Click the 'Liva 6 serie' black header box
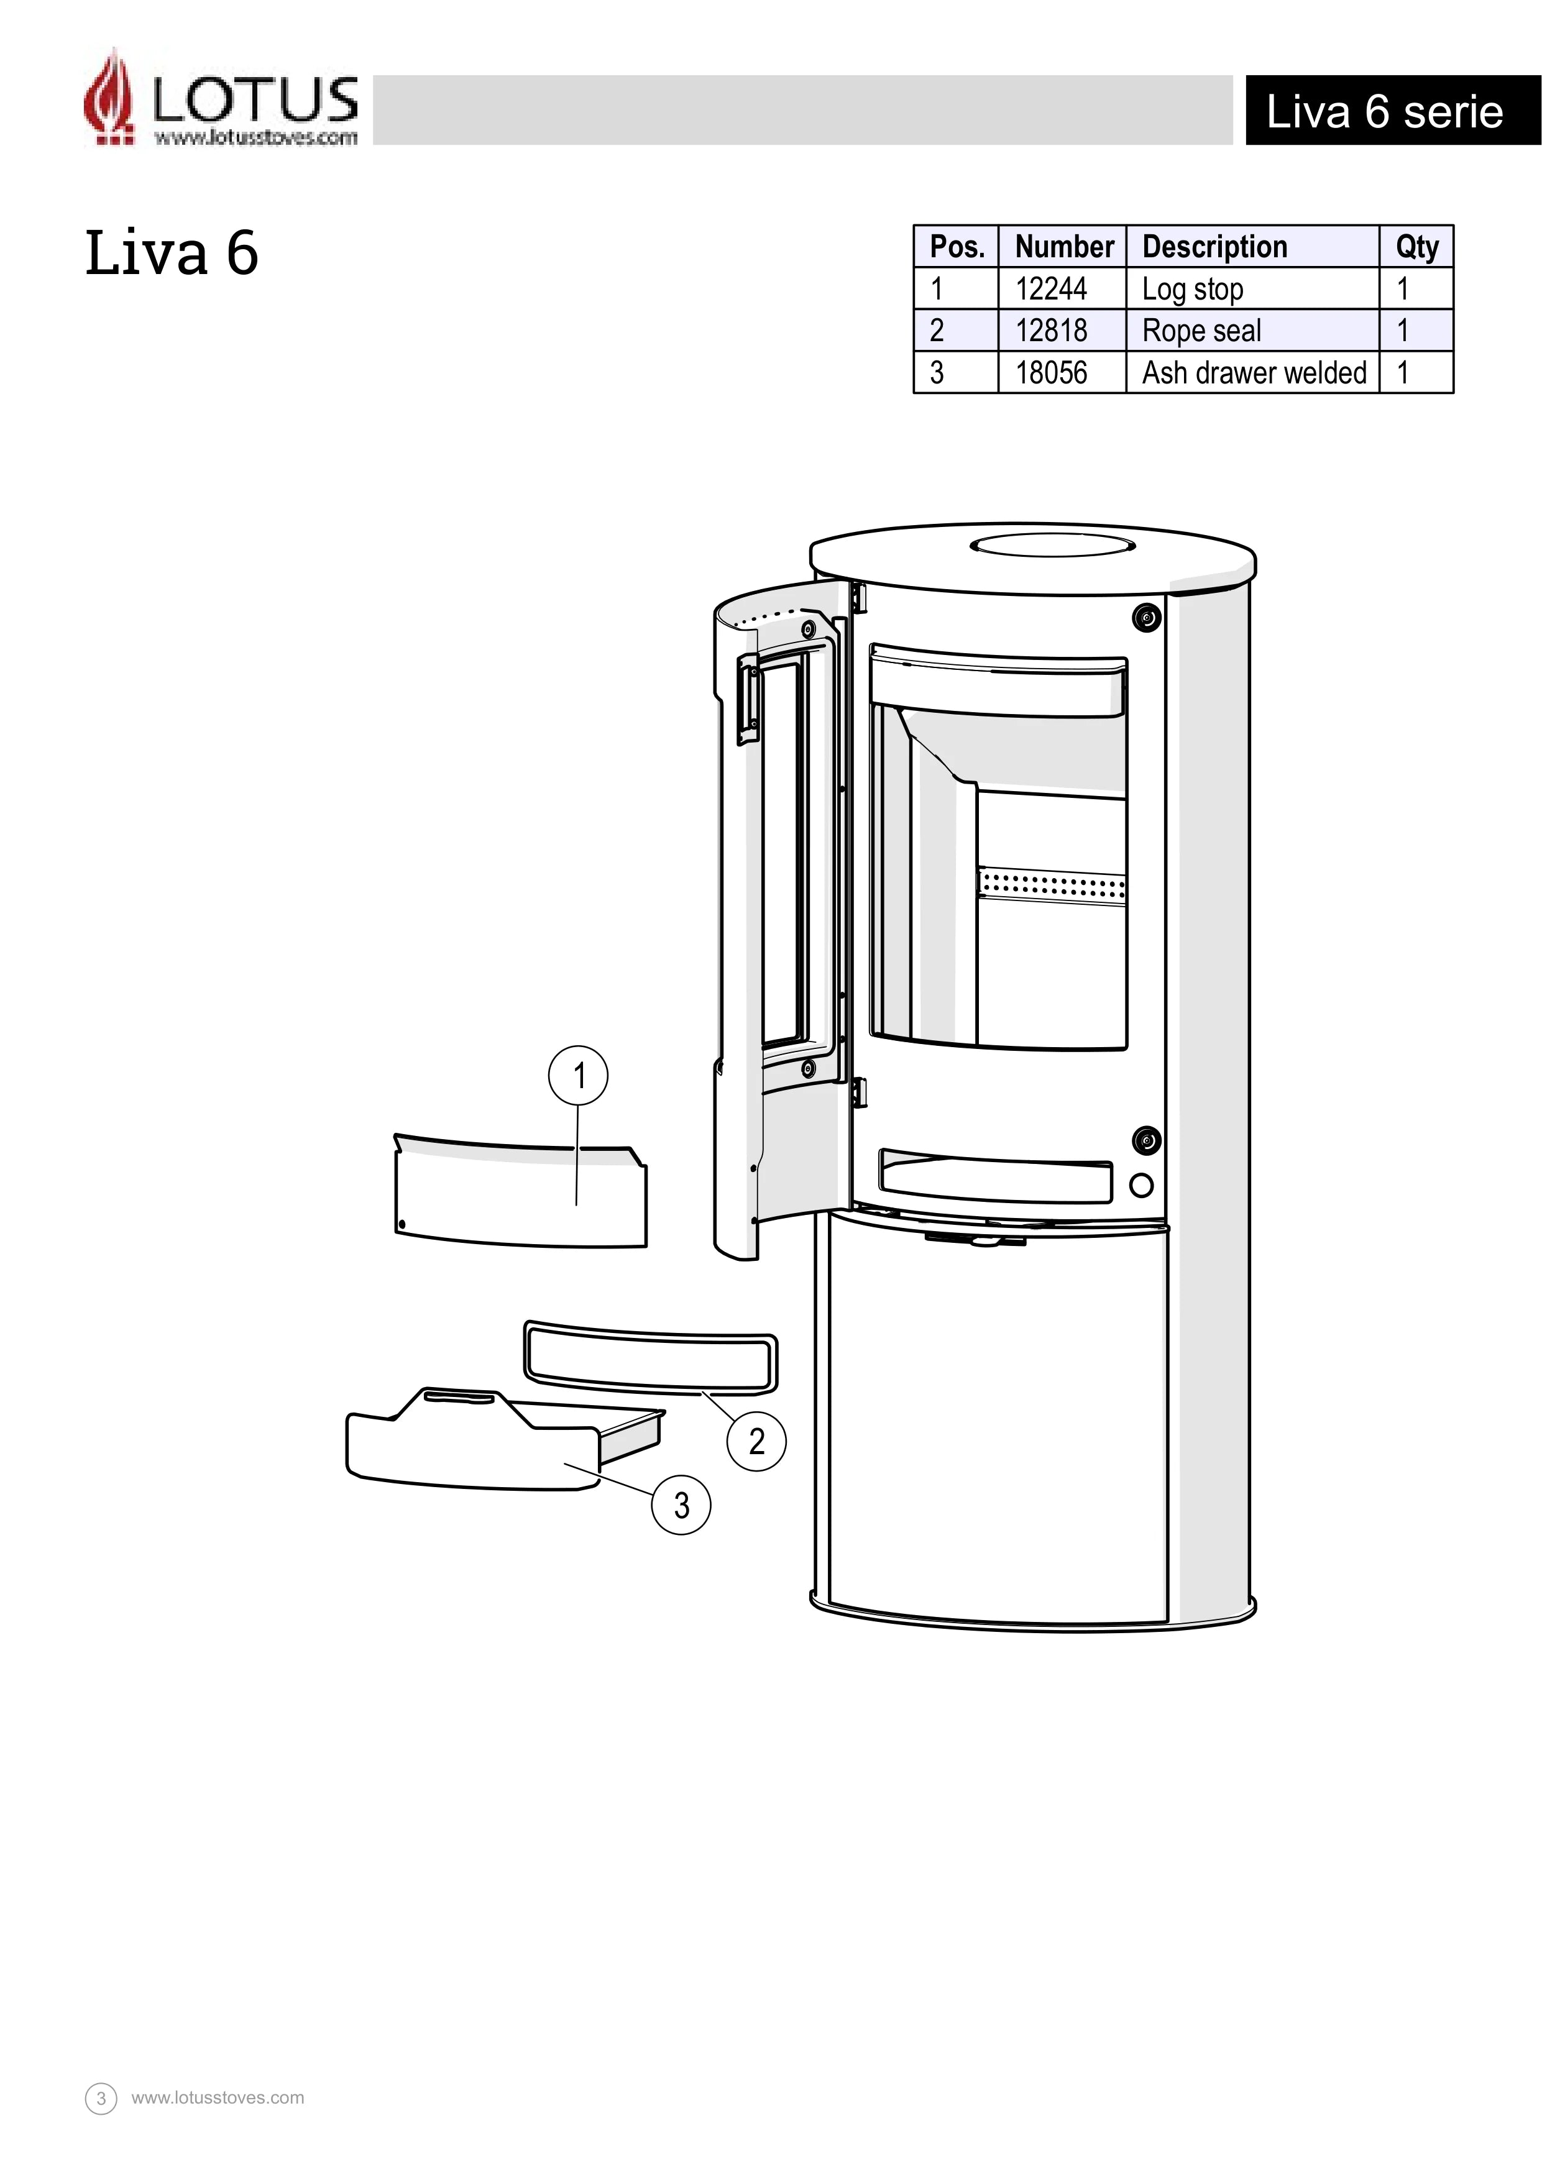point(1393,111)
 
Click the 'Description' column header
point(1214,247)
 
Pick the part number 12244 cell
point(1051,288)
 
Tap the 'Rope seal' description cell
point(1202,331)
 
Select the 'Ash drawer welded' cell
point(1254,372)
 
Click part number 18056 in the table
point(1051,372)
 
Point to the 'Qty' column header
point(1416,247)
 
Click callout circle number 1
point(578,1076)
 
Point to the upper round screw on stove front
point(1147,618)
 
